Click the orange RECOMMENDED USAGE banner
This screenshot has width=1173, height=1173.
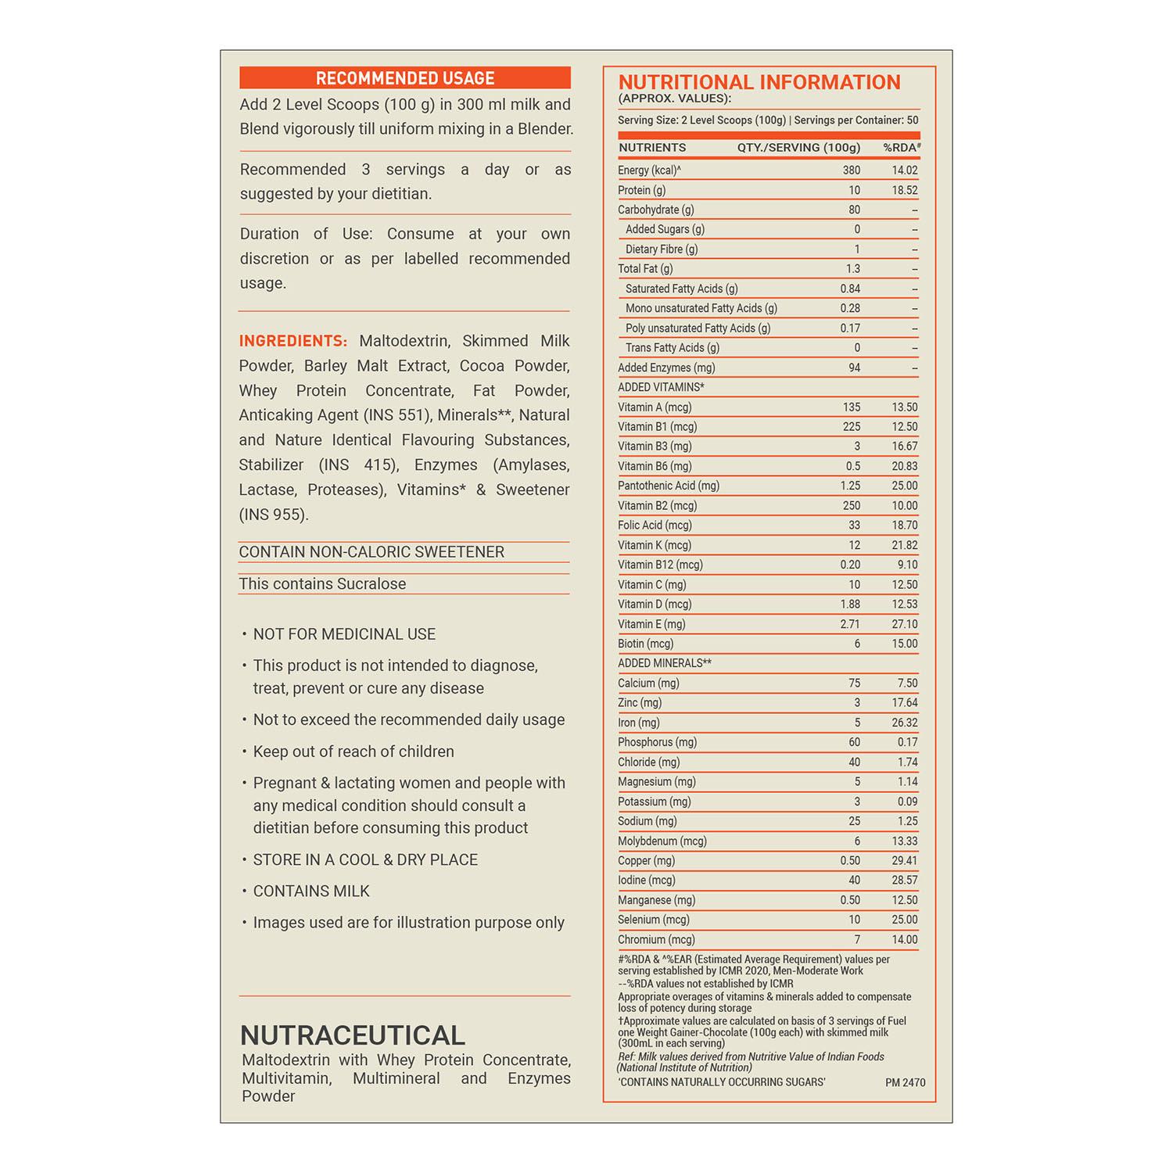(x=405, y=78)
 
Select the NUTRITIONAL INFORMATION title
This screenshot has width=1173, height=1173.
(x=759, y=83)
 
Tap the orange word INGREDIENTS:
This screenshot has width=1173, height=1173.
(x=293, y=341)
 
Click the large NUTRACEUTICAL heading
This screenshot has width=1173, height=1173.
(x=353, y=1035)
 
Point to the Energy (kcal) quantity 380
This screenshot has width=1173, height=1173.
(x=851, y=170)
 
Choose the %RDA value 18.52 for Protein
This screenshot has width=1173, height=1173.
(x=905, y=190)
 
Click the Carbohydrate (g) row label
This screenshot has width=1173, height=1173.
(x=656, y=210)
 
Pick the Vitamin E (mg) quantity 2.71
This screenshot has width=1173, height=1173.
(x=850, y=624)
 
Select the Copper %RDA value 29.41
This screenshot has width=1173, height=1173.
(x=905, y=860)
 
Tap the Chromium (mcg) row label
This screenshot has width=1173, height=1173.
(x=656, y=939)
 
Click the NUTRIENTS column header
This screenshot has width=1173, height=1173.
(x=652, y=148)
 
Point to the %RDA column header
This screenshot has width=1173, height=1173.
(x=902, y=148)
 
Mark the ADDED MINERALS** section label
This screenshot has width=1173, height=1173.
(x=665, y=663)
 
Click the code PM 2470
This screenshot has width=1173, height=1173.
(x=906, y=1083)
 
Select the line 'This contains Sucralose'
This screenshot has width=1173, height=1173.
(x=322, y=584)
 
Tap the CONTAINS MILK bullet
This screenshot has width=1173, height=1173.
(x=311, y=891)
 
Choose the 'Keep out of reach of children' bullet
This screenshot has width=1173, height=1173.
(x=353, y=752)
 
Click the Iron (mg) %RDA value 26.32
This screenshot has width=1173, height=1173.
(x=905, y=723)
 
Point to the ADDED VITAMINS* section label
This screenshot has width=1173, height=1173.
(x=661, y=387)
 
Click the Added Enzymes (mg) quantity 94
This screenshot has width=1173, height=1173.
(x=854, y=368)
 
